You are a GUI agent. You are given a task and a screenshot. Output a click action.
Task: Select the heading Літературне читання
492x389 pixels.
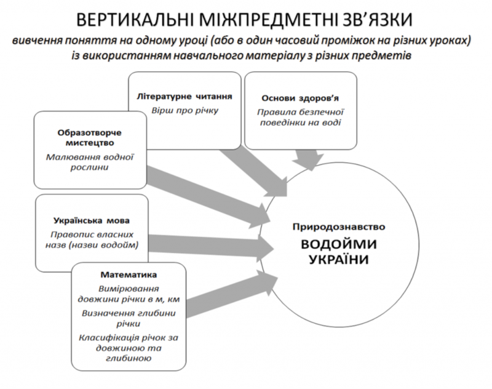point(184,97)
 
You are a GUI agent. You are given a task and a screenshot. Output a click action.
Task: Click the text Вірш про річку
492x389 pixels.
point(185,111)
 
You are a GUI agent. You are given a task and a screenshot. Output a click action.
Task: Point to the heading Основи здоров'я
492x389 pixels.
point(300,98)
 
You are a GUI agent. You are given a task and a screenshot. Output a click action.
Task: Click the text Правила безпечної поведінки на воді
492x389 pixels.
point(300,117)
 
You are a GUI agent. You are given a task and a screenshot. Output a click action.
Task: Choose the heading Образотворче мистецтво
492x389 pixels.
point(89,138)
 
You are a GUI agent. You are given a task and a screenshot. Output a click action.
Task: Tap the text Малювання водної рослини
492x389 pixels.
point(89,162)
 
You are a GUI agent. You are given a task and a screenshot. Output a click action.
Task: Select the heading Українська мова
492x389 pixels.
point(92,220)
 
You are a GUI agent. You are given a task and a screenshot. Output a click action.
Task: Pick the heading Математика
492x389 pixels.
point(129,275)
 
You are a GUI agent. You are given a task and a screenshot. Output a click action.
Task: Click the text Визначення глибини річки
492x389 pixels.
point(129,318)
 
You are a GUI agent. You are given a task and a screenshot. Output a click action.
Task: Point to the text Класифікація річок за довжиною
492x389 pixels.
point(129,343)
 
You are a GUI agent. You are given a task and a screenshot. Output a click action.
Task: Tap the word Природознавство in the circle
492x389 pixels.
point(339,227)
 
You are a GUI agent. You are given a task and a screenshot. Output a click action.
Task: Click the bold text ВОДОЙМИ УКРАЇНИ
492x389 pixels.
point(339,252)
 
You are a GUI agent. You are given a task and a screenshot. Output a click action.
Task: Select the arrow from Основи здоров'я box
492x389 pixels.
point(307,160)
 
